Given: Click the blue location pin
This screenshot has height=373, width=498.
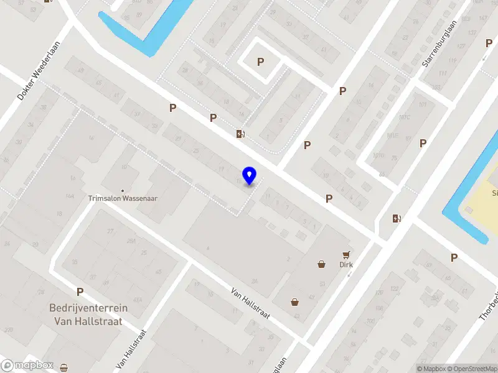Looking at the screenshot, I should (x=250, y=175).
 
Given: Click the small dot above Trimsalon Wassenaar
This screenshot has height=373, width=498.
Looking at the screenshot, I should (x=122, y=190).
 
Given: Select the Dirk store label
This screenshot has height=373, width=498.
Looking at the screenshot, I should (x=346, y=264).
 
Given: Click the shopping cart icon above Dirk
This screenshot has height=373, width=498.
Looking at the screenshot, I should (x=346, y=254).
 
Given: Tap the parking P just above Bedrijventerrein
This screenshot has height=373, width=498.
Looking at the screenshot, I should (x=80, y=292).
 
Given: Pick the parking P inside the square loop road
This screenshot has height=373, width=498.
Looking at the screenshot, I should (x=261, y=62).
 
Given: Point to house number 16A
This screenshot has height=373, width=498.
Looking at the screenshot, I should (x=70, y=196).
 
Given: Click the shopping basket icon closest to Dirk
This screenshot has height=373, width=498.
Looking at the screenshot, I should (x=322, y=264).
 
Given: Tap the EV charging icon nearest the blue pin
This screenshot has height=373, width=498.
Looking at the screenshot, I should (x=240, y=134).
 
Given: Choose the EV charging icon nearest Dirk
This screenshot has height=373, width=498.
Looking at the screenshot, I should (x=396, y=218).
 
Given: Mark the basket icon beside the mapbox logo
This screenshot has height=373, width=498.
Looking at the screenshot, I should (x=64, y=368).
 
